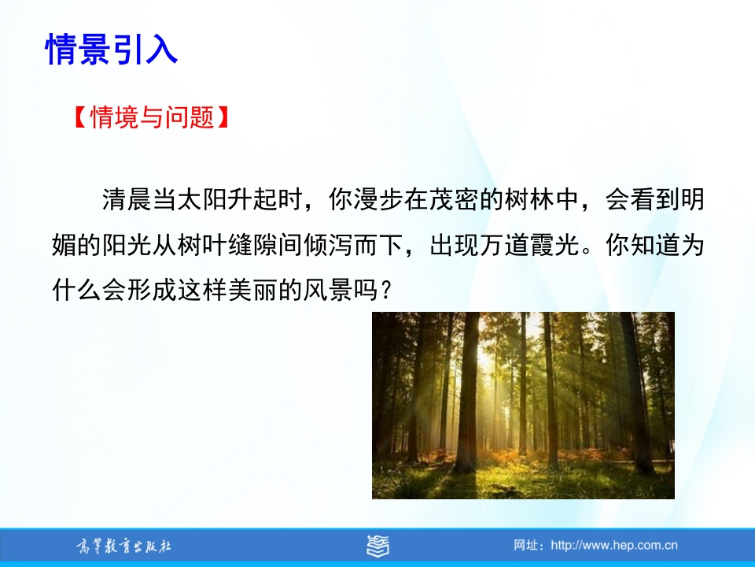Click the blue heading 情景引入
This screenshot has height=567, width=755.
click(112, 49)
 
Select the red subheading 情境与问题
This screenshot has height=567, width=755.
click(152, 117)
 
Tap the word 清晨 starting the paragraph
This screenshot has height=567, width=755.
click(127, 199)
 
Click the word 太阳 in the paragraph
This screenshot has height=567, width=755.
click(202, 199)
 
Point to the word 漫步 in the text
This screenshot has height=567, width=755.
click(378, 199)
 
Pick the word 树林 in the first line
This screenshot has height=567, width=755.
click(529, 199)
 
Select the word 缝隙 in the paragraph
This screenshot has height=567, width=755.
click(252, 245)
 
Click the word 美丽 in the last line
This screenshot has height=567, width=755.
click(252, 291)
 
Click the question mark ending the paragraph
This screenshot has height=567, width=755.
click(385, 291)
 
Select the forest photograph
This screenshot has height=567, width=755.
click(524, 406)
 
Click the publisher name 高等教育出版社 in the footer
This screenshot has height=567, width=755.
click(123, 547)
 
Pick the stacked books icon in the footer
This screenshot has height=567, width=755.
click(378, 547)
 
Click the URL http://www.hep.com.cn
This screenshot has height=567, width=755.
click(614, 546)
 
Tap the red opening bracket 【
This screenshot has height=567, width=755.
click(80, 117)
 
